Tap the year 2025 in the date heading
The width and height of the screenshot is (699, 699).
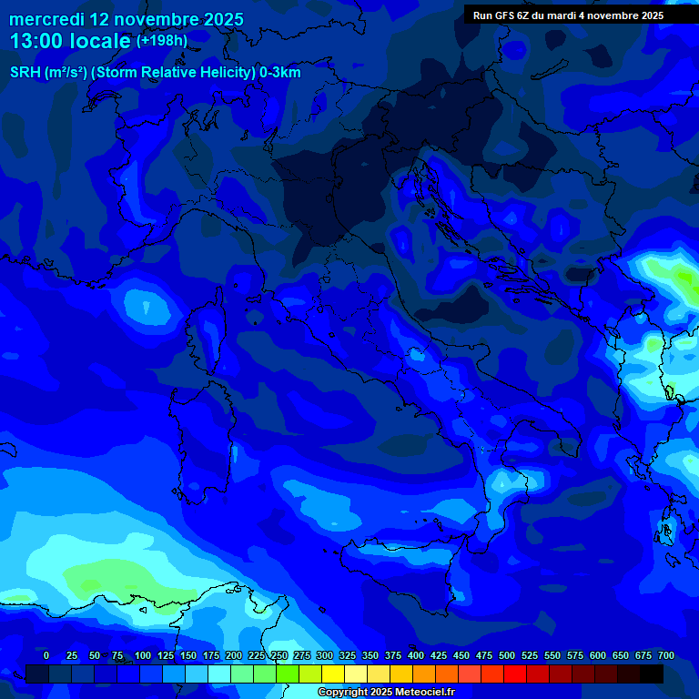[218, 19]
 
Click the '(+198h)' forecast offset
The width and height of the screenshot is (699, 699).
[162, 41]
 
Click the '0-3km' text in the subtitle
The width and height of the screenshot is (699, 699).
[280, 73]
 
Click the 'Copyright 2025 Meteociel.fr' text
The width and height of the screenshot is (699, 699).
[386, 693]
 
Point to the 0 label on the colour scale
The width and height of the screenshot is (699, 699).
[46, 655]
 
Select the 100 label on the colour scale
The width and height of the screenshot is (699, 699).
[143, 655]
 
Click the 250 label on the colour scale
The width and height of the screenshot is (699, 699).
[279, 655]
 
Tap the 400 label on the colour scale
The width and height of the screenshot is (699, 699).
[416, 655]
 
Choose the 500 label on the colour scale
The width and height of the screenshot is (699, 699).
[507, 655]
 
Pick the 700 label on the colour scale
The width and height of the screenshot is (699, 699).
[666, 655]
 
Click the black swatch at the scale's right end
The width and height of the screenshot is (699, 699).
[651, 674]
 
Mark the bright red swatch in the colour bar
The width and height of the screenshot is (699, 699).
[515, 674]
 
